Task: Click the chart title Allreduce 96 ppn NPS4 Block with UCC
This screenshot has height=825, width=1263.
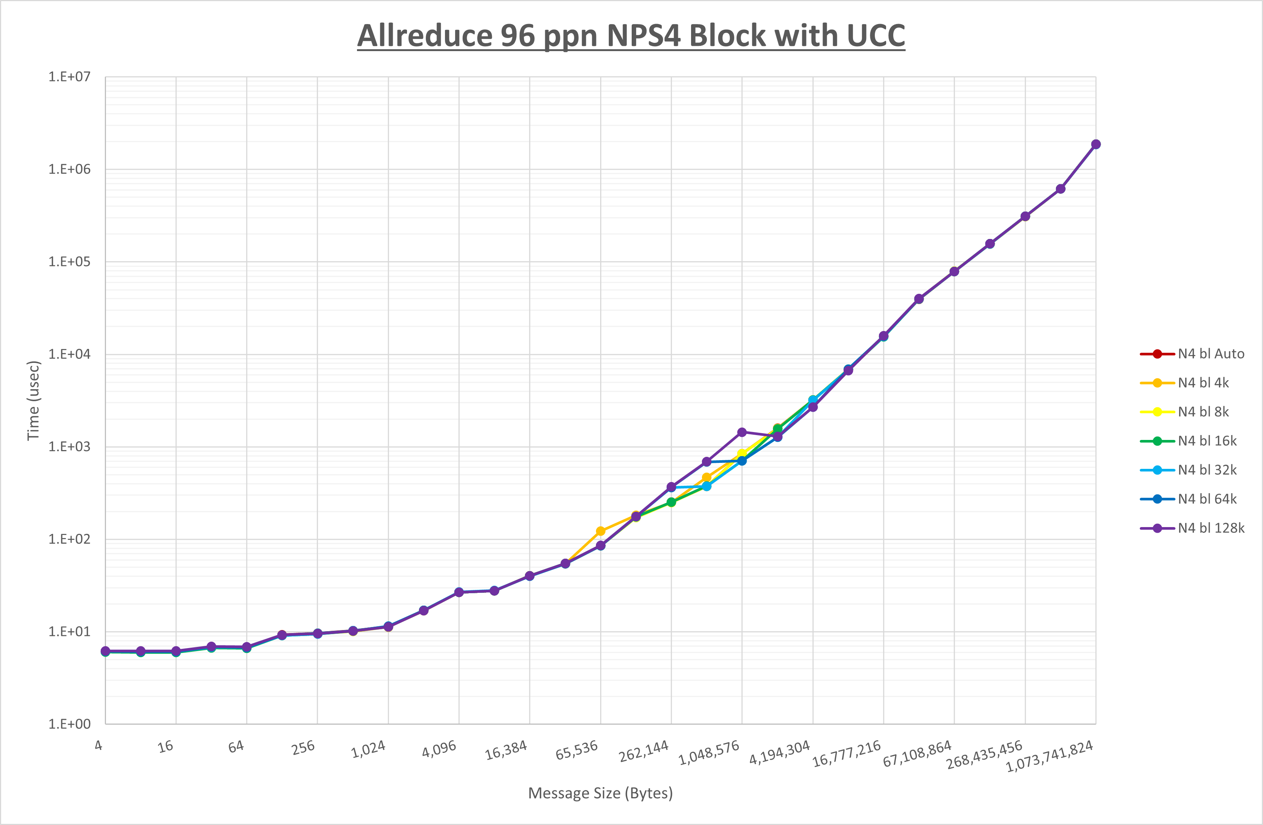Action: point(631,36)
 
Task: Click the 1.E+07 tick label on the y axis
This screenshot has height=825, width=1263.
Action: point(70,77)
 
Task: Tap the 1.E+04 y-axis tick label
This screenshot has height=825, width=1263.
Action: point(70,354)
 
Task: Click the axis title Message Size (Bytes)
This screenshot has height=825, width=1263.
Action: point(600,793)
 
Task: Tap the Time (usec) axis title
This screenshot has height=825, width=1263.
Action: point(33,400)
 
